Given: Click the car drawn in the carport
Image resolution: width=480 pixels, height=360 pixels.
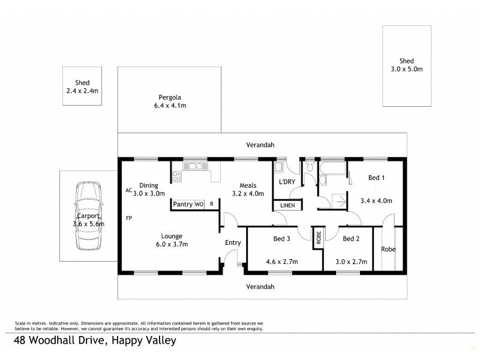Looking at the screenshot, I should (88, 217).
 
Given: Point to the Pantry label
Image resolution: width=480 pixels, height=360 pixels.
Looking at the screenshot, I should (182, 205).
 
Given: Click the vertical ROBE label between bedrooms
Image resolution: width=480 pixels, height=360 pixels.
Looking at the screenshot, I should (318, 238).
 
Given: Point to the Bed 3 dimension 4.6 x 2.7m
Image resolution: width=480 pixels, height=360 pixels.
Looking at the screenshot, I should (281, 262).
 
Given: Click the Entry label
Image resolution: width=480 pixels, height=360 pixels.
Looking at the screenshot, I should (232, 242).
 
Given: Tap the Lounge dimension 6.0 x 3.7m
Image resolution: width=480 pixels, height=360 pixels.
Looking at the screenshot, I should (171, 245).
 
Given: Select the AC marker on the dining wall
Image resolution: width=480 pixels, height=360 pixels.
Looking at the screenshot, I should (128, 190).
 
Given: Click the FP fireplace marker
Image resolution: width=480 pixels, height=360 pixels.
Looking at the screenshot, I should (128, 218).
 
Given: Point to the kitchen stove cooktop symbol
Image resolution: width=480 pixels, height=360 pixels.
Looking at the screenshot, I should (177, 176).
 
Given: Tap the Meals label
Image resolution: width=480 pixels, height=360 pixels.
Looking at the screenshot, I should (248, 185).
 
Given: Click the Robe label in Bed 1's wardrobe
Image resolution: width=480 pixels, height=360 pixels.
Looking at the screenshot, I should (388, 249).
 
